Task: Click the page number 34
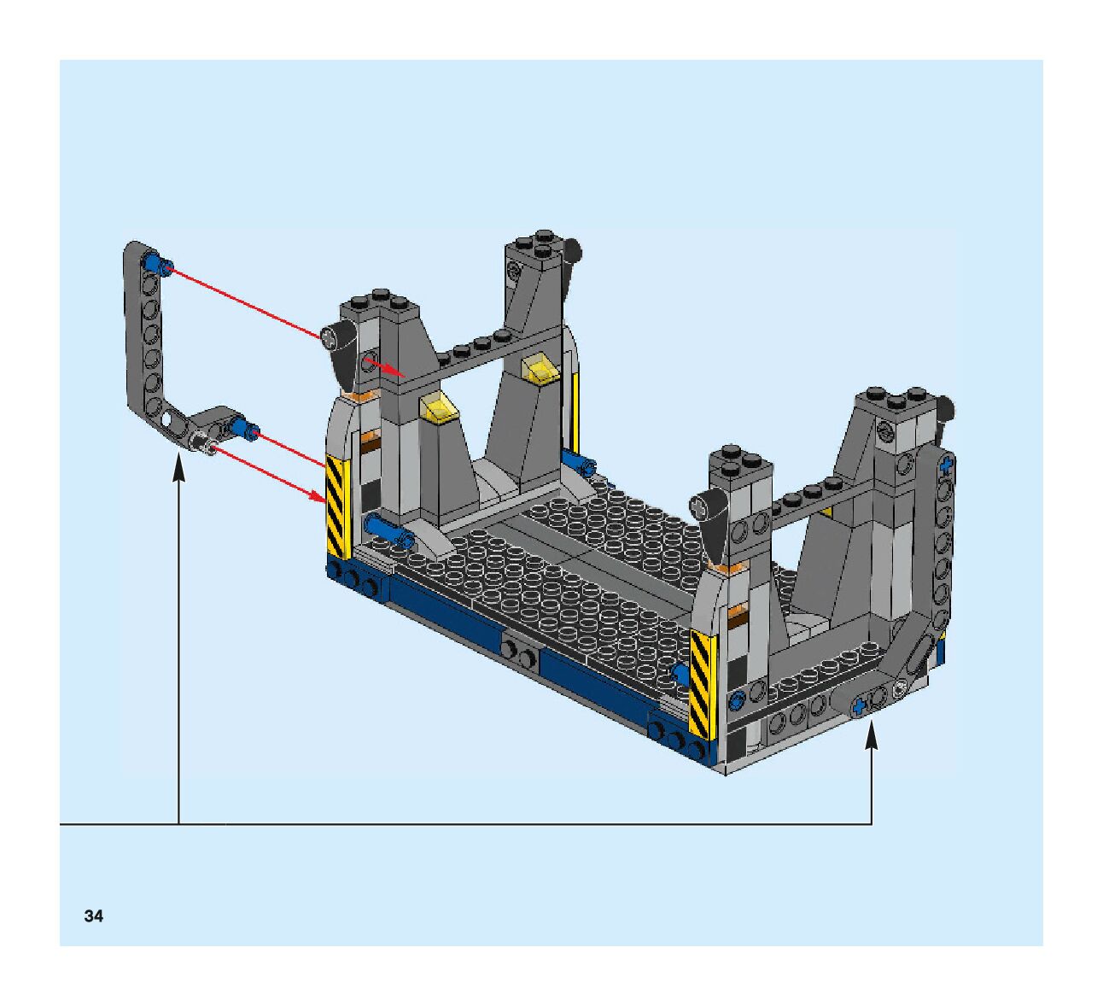[x=93, y=915]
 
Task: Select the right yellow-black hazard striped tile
[x=703, y=684]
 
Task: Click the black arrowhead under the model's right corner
[x=871, y=738]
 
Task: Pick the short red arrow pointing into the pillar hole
[x=385, y=366]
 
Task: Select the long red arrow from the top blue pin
[x=244, y=301]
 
